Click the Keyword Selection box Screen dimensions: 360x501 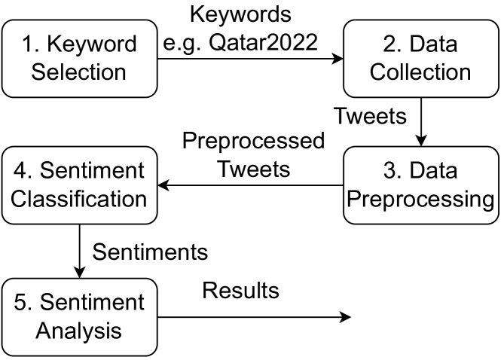point(79,58)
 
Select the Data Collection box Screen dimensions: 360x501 point(420,58)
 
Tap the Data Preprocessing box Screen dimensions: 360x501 point(420,185)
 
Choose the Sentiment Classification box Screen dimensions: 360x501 point(79,185)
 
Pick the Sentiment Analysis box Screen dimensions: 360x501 point(79,317)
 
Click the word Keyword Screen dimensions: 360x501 point(92,44)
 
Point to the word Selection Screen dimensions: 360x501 point(79,72)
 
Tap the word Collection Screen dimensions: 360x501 point(420,72)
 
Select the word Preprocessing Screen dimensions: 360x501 point(420,200)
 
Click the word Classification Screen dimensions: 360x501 point(79,200)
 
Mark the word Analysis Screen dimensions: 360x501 point(79,331)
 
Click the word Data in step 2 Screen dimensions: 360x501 point(433,44)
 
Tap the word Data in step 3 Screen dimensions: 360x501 point(433,171)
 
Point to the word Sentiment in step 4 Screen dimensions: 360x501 point(92,171)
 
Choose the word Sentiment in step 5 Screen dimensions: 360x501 point(92,303)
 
